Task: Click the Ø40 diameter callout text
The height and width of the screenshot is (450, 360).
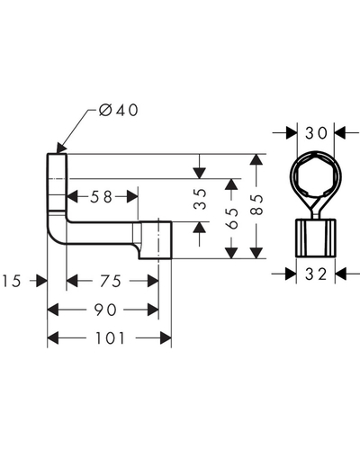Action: [119, 110]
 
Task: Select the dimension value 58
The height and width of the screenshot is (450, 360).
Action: [101, 197]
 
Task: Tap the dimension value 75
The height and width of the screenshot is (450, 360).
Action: [111, 282]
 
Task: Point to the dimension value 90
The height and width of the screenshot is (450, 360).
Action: [105, 310]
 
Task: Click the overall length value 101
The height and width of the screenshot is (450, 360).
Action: [110, 338]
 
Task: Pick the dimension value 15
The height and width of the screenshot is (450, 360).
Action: [12, 282]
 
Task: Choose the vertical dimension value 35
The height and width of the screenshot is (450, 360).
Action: [200, 199]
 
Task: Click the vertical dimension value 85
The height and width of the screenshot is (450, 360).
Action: [256, 205]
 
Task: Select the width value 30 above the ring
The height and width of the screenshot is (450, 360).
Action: [316, 133]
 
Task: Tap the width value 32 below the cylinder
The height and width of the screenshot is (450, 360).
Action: [316, 274]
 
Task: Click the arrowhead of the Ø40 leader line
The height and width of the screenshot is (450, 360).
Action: [61, 148]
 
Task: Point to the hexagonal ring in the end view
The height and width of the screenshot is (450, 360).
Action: [316, 176]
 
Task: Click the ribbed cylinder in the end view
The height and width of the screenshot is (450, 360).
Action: [316, 238]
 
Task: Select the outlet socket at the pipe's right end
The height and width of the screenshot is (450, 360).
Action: [155, 240]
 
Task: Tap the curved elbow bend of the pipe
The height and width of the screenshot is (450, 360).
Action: [57, 231]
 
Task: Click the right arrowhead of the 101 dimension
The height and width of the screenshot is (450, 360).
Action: [166, 338]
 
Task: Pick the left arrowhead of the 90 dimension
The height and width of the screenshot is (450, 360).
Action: [53, 310]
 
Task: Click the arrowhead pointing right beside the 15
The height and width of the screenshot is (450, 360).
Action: [41, 281]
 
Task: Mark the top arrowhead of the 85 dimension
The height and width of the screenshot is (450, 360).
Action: [256, 159]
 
